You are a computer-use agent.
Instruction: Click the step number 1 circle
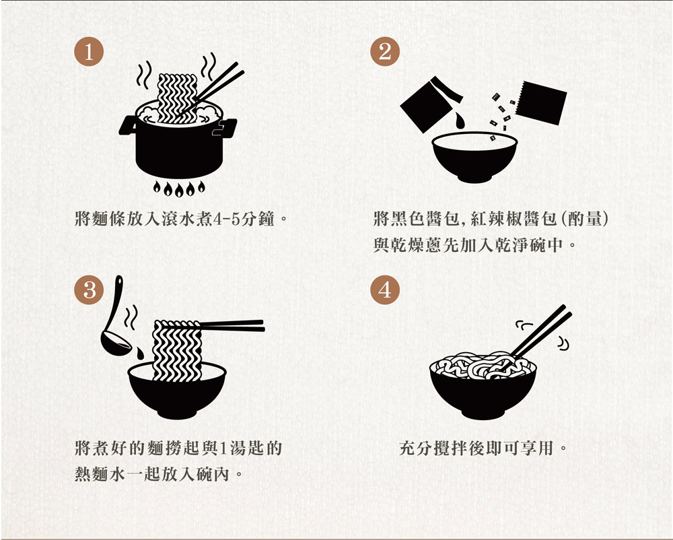tap(89, 52)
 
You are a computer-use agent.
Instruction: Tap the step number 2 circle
tap(385, 52)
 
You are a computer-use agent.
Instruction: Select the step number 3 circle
tap(89, 290)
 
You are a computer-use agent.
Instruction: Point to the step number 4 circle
tap(385, 290)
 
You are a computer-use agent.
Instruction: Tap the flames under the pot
tap(179, 189)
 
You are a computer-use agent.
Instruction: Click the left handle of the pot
tap(127, 126)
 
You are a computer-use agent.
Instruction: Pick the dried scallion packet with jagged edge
tap(541, 102)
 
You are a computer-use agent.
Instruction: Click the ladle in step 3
tap(114, 318)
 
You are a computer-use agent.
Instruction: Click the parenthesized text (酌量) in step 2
tap(585, 219)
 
